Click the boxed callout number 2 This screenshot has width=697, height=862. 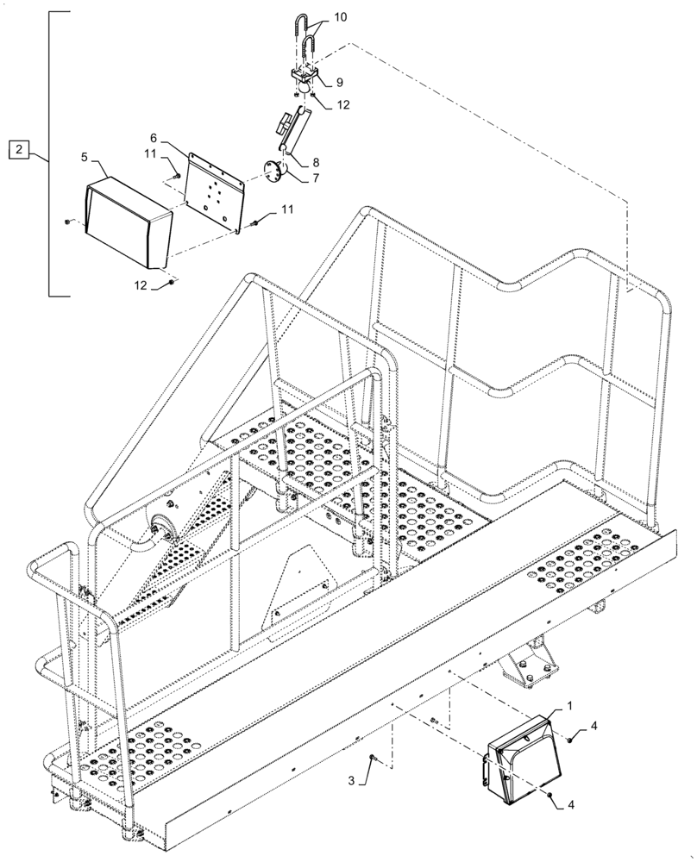point(20,151)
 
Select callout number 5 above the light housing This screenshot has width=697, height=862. point(85,157)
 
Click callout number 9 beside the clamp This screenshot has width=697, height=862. point(339,83)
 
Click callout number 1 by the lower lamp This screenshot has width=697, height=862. point(569,705)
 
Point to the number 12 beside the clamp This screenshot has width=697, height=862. point(343,106)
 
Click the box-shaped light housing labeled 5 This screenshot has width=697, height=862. point(127,221)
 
